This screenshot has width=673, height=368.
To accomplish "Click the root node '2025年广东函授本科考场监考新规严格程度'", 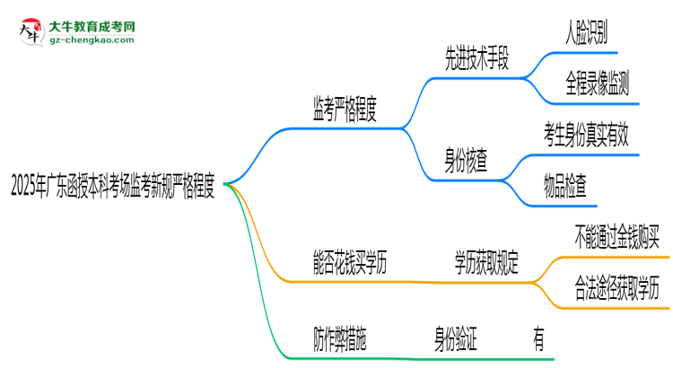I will point(111,188).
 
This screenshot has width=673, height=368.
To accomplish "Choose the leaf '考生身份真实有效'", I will point(591,137).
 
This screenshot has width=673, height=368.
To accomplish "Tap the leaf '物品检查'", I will point(565,188).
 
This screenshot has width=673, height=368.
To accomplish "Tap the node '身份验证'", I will point(450,340).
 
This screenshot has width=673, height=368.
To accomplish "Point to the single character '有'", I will point(538,340).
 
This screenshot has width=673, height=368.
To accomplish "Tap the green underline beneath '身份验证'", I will point(450,358).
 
